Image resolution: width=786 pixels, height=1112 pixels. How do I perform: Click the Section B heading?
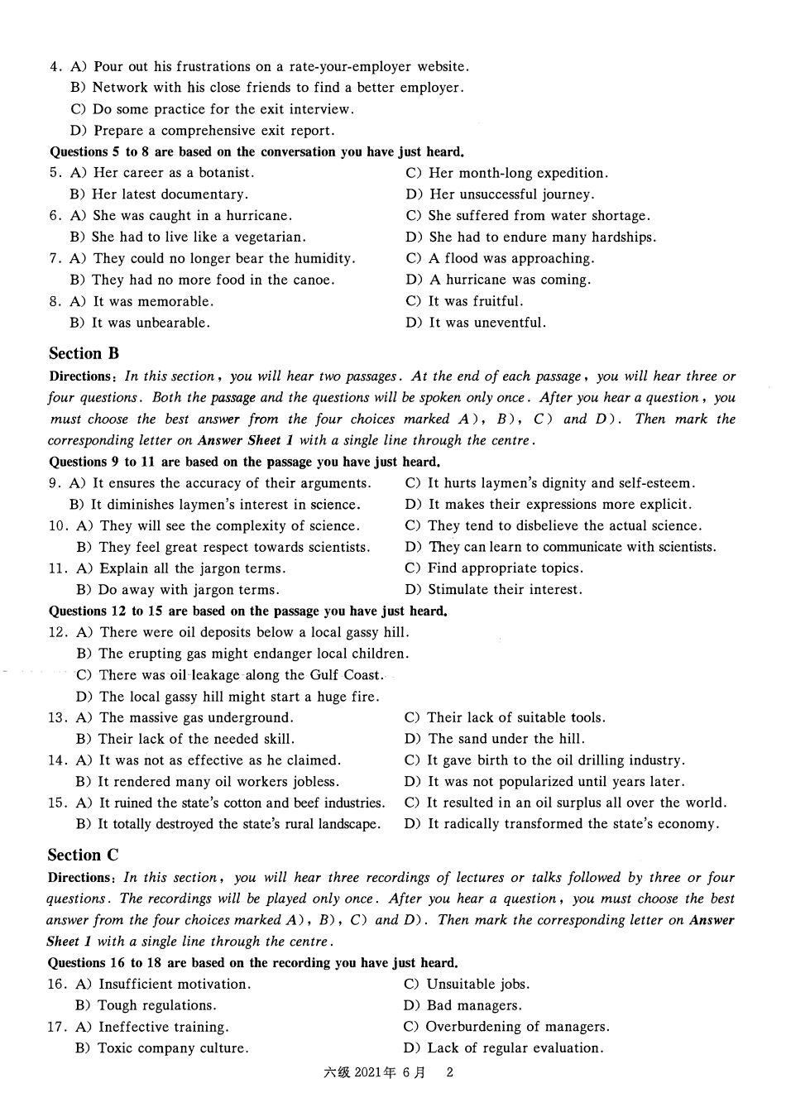click(x=84, y=354)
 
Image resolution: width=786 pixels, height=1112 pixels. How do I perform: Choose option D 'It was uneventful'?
click(x=477, y=324)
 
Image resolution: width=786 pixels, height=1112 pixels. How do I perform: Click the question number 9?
click(x=54, y=483)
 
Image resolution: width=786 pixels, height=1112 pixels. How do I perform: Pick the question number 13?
click(x=57, y=718)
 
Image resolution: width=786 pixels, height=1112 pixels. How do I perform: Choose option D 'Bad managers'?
click(x=463, y=1006)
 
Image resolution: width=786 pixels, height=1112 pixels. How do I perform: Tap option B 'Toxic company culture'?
click(x=162, y=1048)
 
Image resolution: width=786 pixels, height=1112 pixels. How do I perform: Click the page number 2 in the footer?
click(x=450, y=1073)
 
